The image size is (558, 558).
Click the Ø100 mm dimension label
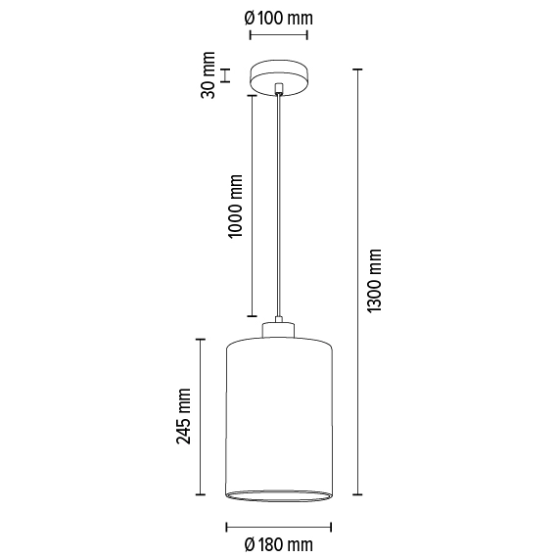(x=279, y=16)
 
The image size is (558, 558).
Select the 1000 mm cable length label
(x=234, y=206)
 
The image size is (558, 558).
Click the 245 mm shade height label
(x=183, y=416)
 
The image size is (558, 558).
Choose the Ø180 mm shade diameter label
(x=278, y=543)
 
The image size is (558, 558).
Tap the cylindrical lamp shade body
(x=279, y=411)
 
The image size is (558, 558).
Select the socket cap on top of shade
(x=279, y=327)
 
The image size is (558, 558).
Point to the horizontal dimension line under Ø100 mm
(x=279, y=35)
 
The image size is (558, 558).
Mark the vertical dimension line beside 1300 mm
(x=358, y=282)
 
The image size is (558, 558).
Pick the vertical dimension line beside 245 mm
(x=201, y=416)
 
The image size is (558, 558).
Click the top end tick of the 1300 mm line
(x=358, y=70)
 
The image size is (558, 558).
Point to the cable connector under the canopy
(x=279, y=90)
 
